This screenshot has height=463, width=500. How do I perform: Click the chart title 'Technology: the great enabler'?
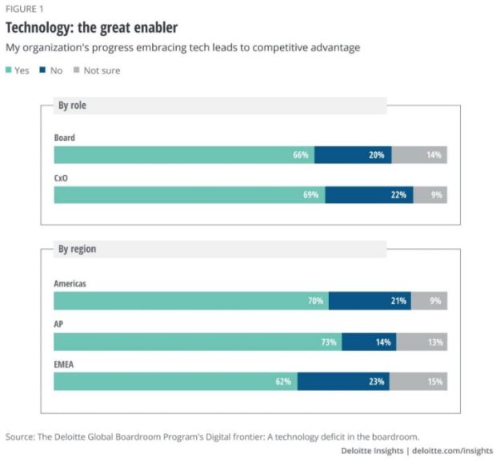(91, 28)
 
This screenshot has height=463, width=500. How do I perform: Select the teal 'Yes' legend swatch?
(10, 70)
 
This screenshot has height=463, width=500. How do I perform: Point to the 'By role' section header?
(72, 106)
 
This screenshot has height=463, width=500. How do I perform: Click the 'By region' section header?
(77, 249)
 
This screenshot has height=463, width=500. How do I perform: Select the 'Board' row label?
(65, 138)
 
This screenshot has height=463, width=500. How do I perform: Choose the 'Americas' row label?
(70, 284)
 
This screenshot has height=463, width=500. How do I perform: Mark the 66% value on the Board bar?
(301, 155)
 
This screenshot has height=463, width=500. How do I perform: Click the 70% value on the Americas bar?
(315, 301)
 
